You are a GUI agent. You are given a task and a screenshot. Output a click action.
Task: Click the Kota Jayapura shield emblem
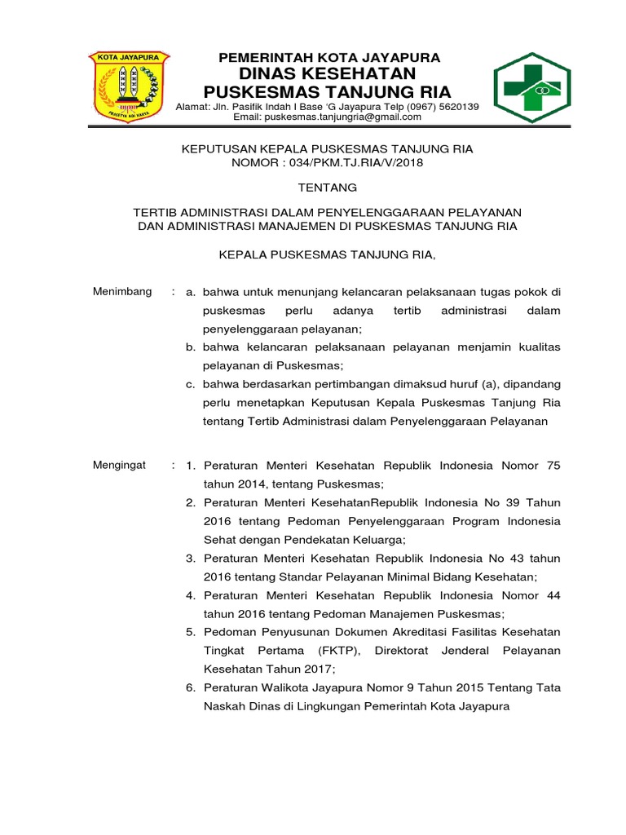(x=129, y=86)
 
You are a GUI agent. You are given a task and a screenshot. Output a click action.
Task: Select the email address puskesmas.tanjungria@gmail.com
(x=339, y=117)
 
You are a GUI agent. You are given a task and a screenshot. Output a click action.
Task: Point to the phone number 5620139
(x=459, y=106)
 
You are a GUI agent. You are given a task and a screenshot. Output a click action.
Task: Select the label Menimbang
(x=122, y=292)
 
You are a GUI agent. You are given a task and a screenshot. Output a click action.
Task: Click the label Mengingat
(x=120, y=465)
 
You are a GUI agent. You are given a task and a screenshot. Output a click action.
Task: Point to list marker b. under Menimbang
(x=191, y=347)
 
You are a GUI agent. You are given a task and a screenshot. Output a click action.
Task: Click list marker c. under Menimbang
(x=191, y=384)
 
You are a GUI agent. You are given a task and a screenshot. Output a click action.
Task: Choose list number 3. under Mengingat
(x=191, y=559)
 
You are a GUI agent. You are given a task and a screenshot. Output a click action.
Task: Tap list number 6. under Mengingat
(x=191, y=687)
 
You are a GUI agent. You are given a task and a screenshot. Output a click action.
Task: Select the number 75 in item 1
(x=553, y=466)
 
